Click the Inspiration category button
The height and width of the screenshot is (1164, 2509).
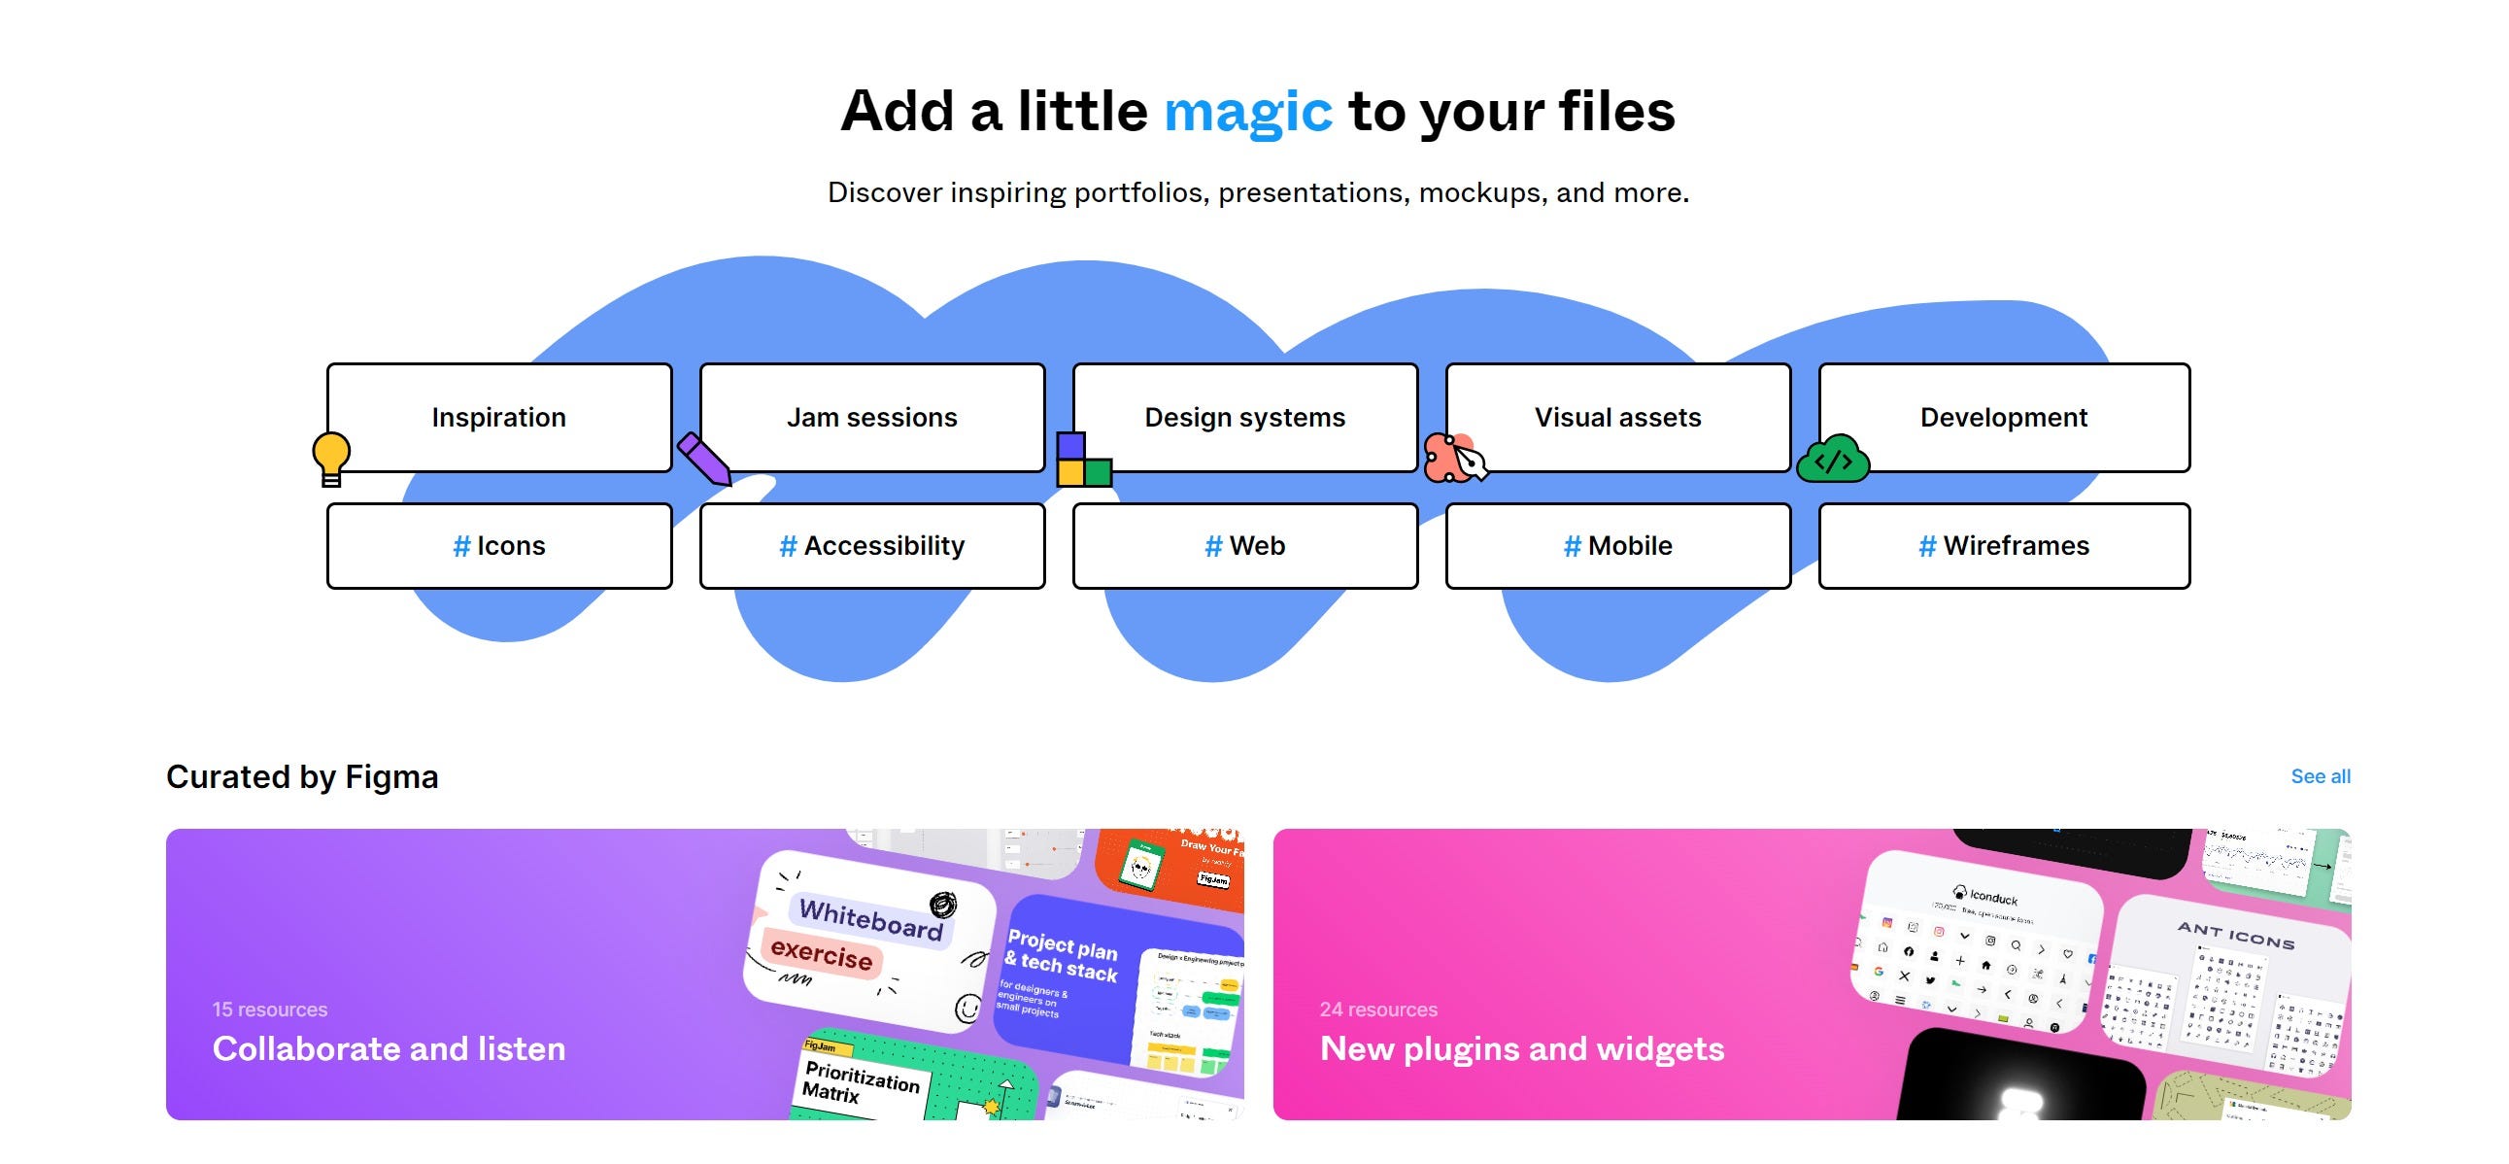(x=498, y=417)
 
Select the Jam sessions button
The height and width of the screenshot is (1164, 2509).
(x=871, y=417)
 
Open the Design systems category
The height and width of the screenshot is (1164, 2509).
(x=1244, y=417)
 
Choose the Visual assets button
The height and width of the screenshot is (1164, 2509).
(x=1618, y=417)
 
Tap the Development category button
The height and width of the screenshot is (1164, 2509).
(x=2004, y=417)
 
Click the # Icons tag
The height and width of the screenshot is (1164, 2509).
(x=498, y=545)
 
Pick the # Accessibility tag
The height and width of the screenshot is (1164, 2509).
(x=871, y=545)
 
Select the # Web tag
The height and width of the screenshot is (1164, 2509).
(x=1244, y=545)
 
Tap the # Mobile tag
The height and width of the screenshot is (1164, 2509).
(x=1618, y=545)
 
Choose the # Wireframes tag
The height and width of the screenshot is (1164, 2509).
(x=2004, y=545)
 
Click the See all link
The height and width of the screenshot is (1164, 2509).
(x=2320, y=776)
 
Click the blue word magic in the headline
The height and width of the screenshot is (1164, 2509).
(x=1247, y=111)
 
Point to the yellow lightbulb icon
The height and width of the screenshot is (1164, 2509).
(x=331, y=458)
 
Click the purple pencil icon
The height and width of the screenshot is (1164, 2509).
(x=704, y=458)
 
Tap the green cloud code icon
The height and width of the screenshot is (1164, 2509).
(x=1833, y=461)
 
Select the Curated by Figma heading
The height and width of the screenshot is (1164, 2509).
(x=302, y=776)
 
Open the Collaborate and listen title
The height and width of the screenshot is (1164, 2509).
(x=389, y=1048)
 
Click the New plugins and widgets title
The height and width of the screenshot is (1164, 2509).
(x=1521, y=1048)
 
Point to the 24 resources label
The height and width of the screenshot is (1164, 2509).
(x=1378, y=1010)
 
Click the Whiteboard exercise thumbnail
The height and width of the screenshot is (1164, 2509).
(x=869, y=940)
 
